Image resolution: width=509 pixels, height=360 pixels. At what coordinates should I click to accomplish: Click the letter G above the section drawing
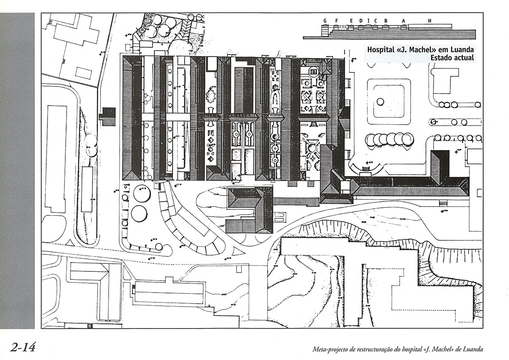[325, 20]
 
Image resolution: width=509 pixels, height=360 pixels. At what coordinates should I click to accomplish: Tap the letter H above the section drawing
[430, 20]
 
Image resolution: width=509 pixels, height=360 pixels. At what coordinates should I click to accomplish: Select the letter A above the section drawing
[403, 20]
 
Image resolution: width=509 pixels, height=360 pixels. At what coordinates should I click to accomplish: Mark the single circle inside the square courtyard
[380, 101]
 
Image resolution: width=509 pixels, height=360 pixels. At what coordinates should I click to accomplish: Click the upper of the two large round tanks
[141, 195]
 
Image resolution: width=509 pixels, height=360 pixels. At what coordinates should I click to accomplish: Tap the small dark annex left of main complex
[107, 116]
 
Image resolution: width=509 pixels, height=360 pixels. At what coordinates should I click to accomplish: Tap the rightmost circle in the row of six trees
[408, 139]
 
